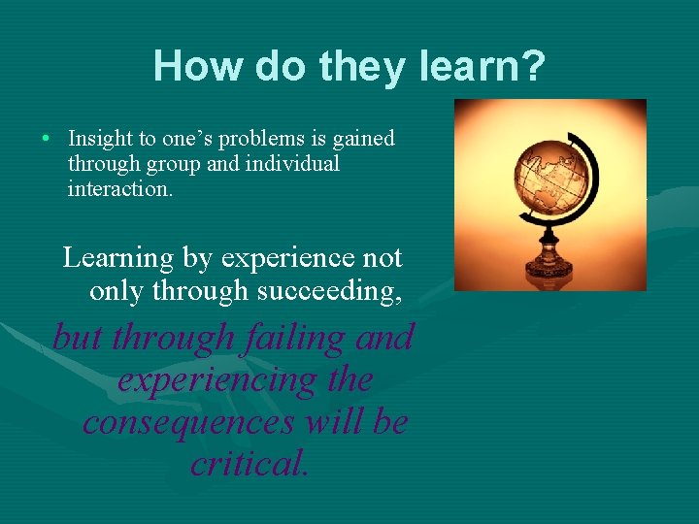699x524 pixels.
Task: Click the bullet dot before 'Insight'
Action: pyautogui.click(x=47, y=138)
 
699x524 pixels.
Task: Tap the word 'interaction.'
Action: pyautogui.click(x=120, y=188)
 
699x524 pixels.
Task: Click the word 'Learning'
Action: pyautogui.click(x=117, y=258)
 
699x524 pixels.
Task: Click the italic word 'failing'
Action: pyautogui.click(x=295, y=338)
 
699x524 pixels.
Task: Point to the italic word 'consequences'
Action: pyautogui.click(x=189, y=423)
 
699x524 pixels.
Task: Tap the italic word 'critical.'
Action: pyautogui.click(x=250, y=465)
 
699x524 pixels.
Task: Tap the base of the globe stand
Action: pyautogui.click(x=549, y=268)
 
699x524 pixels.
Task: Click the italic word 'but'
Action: pyautogui.click(x=77, y=338)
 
